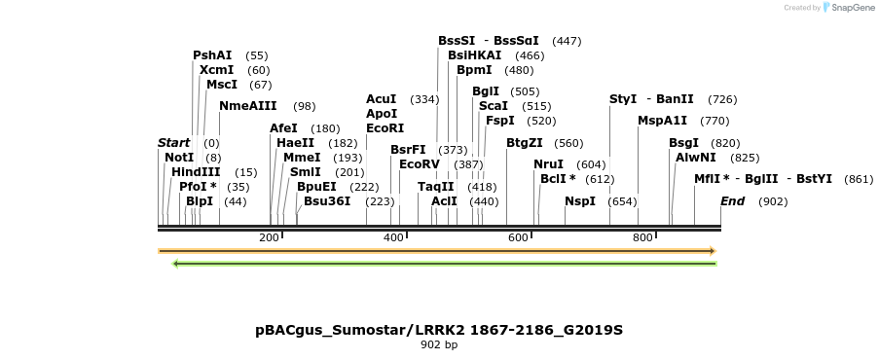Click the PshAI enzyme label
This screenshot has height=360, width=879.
coord(212,55)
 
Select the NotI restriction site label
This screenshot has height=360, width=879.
coord(179,158)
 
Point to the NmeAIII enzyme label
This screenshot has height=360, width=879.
coord(248,106)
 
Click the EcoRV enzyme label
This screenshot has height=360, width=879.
coord(420,164)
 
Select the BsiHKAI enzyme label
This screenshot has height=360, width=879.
coord(475,55)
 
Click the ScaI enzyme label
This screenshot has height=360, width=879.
coord(494,106)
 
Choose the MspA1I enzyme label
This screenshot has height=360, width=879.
coord(663,121)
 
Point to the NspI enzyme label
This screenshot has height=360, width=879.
coord(580,201)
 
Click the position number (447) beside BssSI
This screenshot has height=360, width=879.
coord(567,41)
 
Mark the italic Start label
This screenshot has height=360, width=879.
coord(174,143)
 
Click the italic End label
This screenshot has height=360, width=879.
coord(733,201)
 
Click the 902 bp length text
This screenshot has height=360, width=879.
coord(439,344)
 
